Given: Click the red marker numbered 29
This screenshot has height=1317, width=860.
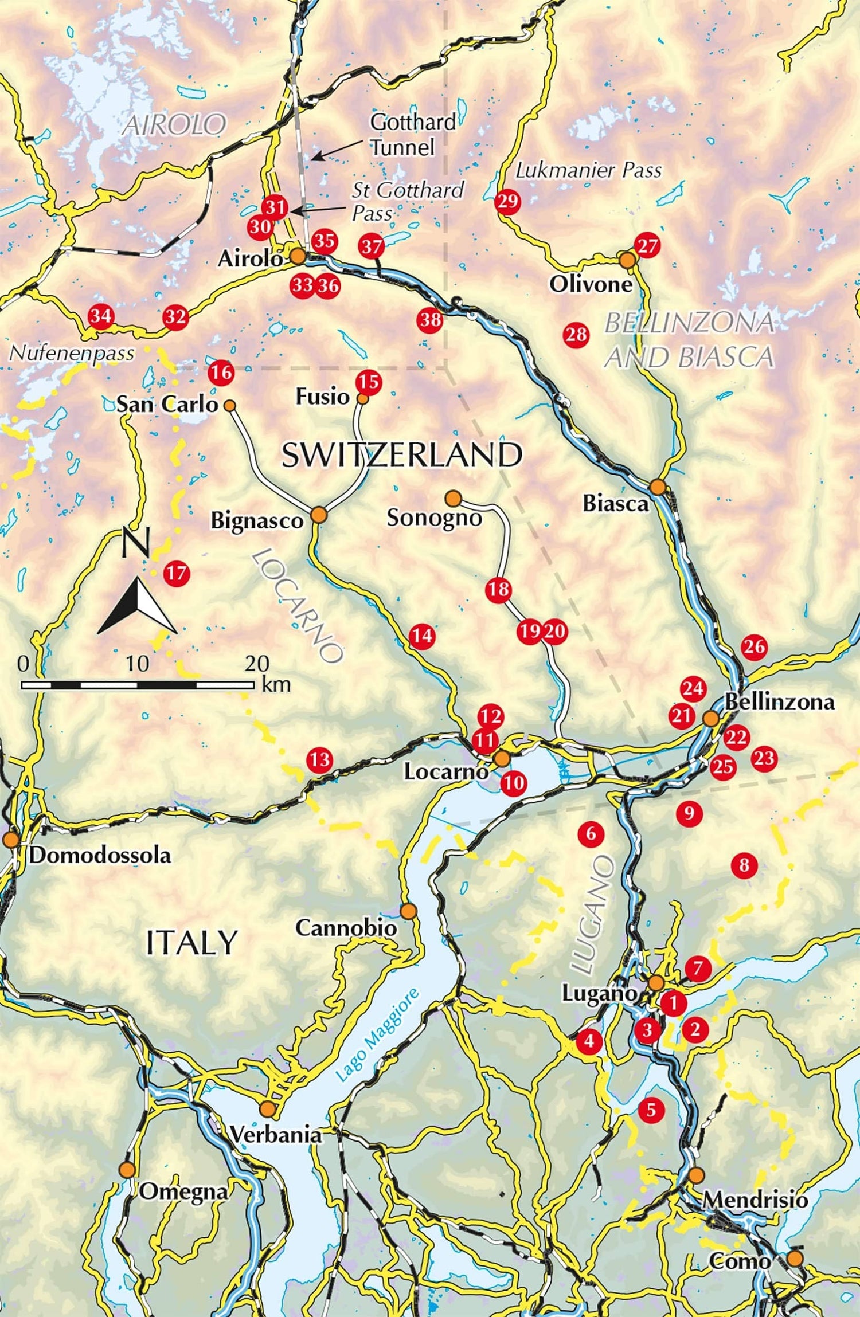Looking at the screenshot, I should tap(507, 201).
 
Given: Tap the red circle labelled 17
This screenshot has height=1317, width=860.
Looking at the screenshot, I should tap(176, 573).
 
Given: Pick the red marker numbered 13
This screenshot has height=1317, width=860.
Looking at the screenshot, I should tap(319, 760).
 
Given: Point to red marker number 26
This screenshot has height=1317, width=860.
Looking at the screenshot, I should tap(754, 646).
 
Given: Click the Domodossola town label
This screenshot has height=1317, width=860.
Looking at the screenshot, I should tap(100, 856).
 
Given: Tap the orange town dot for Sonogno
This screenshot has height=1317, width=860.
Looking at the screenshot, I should tap(453, 498).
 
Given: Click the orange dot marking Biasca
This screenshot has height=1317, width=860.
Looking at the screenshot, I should tap(658, 488).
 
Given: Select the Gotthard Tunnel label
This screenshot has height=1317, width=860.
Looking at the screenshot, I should tap(412, 135).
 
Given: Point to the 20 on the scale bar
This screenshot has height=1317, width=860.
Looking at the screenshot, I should tap(257, 664).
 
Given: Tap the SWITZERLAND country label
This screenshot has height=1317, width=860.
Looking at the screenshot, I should tap(402, 455).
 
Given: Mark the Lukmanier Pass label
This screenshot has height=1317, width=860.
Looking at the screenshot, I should tap(588, 170).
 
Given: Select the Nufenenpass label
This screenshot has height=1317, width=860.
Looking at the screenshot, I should tap(72, 353).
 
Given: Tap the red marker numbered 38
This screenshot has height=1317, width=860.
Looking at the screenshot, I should tap(430, 319).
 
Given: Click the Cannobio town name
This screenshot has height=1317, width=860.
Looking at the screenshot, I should tap(346, 928).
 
